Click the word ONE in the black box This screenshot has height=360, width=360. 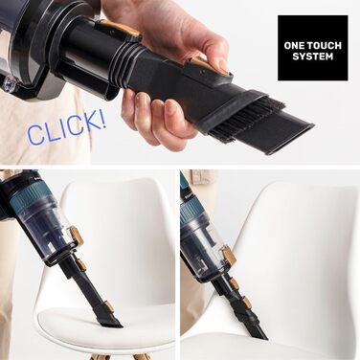pyautogui.click(x=295, y=46)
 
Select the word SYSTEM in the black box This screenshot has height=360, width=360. pyautogui.click(x=313, y=56)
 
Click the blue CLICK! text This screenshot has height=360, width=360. pyautogui.click(x=67, y=128)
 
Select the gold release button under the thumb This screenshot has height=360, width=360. pyautogui.click(x=200, y=64)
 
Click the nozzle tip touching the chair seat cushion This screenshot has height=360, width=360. pyautogui.click(x=111, y=324)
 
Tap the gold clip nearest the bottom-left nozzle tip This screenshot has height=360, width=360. pyautogui.click(x=109, y=306)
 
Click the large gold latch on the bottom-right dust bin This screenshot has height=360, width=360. pyautogui.click(x=230, y=256)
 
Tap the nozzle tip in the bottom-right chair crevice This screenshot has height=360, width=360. pyautogui.click(x=260, y=335)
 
